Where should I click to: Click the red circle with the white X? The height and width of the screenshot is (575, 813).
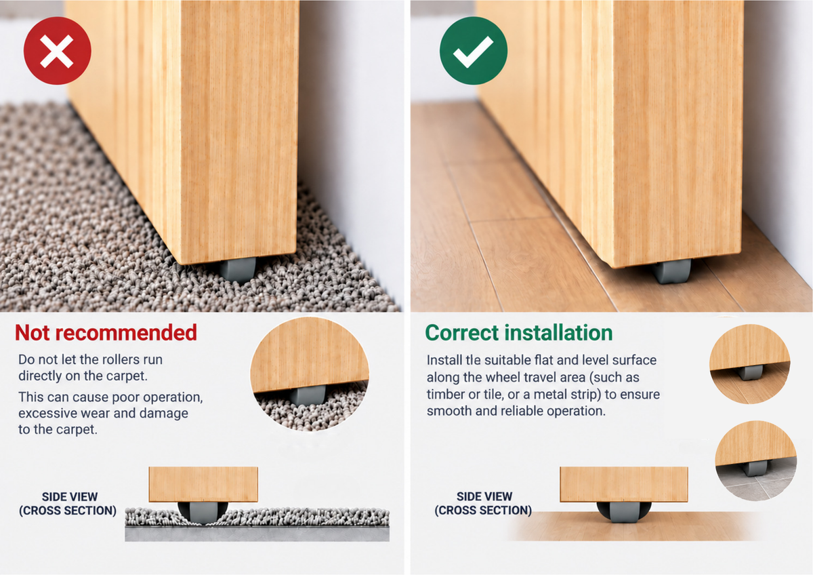click(x=58, y=51)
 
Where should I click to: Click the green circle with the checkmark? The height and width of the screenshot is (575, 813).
click(x=474, y=51)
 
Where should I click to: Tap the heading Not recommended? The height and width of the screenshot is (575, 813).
click(x=106, y=332)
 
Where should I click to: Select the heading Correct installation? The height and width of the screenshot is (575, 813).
click(x=519, y=332)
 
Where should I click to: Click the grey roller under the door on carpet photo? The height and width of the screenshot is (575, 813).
click(x=238, y=270)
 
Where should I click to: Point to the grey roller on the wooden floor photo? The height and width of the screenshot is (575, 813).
click(x=672, y=271)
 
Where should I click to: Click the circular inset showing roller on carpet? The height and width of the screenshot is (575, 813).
click(x=310, y=374)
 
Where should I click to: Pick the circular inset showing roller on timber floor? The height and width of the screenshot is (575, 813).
click(x=750, y=364)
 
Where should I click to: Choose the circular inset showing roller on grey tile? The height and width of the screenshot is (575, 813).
click(x=756, y=460)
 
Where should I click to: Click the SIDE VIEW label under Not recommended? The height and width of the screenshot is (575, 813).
click(x=68, y=503)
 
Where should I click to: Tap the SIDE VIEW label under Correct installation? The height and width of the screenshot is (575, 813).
click(x=484, y=503)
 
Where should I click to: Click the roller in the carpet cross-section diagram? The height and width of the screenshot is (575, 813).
click(x=203, y=512)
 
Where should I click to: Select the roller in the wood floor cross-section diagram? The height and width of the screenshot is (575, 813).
click(x=623, y=512)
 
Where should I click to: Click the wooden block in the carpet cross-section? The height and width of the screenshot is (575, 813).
click(x=203, y=485)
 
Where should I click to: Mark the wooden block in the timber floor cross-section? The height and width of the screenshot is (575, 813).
click(x=624, y=485)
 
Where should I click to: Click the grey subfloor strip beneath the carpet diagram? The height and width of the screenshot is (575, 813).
click(x=257, y=534)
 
